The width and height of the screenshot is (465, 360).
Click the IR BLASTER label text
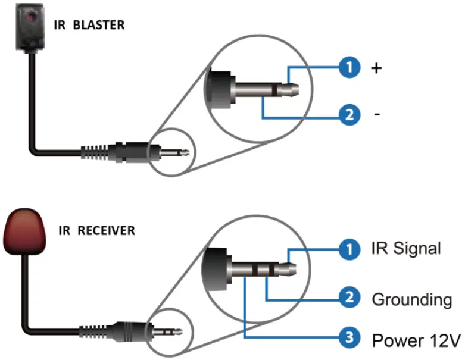(89, 26)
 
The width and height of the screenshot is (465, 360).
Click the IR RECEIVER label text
(96, 230)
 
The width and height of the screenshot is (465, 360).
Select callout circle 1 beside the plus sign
(349, 67)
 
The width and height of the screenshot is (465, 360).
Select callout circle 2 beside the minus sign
(349, 114)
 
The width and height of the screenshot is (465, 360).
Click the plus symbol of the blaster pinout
(376, 68)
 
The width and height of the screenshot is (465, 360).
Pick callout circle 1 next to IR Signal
(349, 249)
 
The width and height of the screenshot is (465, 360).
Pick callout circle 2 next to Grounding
(349, 298)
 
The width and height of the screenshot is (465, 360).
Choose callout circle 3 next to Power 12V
(349, 340)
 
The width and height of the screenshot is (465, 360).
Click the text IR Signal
(406, 249)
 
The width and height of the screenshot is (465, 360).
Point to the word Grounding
(411, 299)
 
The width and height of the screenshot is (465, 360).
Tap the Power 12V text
(416, 341)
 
